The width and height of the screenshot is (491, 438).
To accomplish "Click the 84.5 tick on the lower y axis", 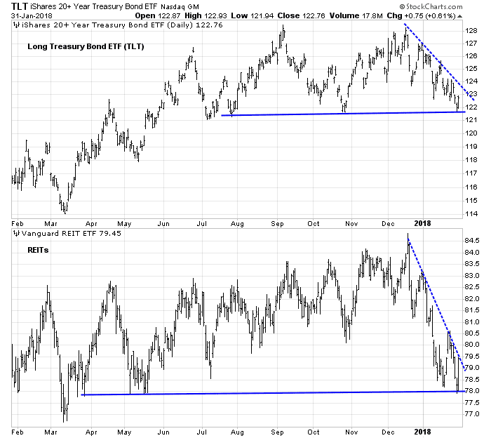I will coord(471,241).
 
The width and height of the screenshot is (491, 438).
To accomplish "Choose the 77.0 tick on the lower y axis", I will coord(471,413).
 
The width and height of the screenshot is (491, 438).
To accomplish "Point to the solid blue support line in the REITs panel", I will coord(267,393).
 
